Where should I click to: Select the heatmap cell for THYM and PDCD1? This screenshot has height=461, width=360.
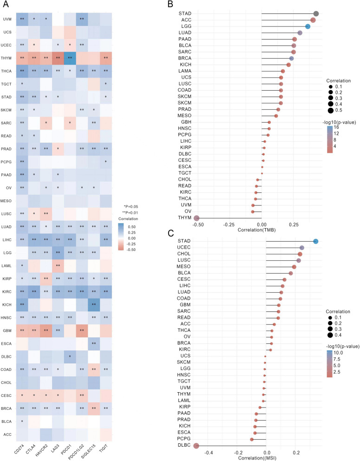pyautogui.click(x=68, y=58)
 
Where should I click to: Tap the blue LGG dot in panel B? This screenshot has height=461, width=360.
pyautogui.click(x=308, y=27)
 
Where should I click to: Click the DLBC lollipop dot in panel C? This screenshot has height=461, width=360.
pyautogui.click(x=196, y=446)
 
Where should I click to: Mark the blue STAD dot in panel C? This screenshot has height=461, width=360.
pyautogui.click(x=316, y=241)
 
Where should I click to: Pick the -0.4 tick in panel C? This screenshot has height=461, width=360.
pyautogui.click(x=209, y=451)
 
